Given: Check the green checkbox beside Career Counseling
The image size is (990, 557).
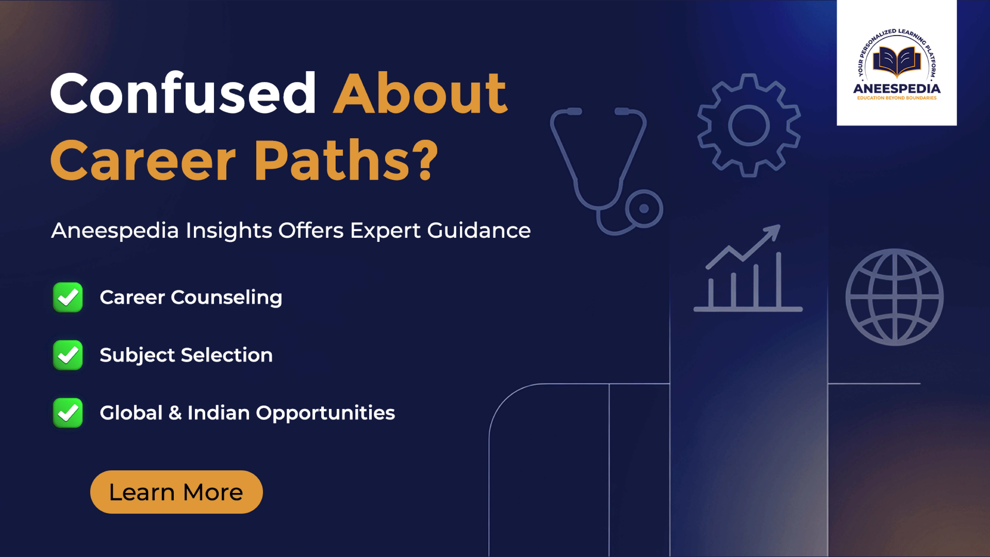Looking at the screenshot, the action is coord(68,297).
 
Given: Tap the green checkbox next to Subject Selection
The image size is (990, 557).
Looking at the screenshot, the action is coord(68,355).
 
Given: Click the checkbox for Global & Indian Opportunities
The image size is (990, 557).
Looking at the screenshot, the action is coord(68,412).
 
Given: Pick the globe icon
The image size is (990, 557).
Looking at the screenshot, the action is coord(895,297).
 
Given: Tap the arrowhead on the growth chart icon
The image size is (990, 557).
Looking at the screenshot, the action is coord(772,232).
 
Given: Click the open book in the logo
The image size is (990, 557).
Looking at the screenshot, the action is coord(897,62).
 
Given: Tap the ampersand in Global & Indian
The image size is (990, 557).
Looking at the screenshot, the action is coord(175,413).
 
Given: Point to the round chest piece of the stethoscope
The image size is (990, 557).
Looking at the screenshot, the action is coord(644,209).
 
